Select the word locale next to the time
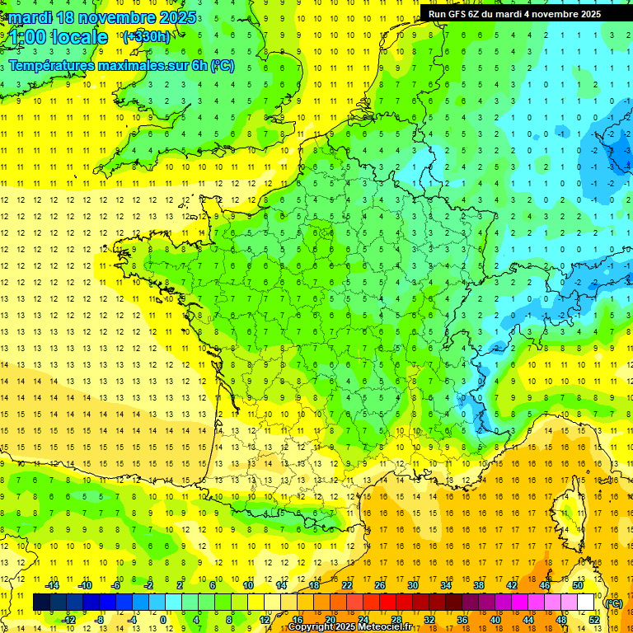pyautogui.click(x=79, y=37)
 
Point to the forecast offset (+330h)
pyautogui.click(x=147, y=36)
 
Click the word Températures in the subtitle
pyautogui.click(x=53, y=65)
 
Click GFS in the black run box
pyautogui.click(x=461, y=14)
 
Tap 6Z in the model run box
pyautogui.click(x=479, y=14)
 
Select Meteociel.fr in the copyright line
pyautogui.click(x=386, y=627)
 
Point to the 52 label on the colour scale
pyautogui.click(x=593, y=620)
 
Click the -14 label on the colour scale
pyautogui.click(x=53, y=585)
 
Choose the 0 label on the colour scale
pyautogui.click(x=164, y=620)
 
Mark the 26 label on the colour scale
pyautogui.click(x=380, y=585)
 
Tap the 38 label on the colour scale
pyautogui.click(x=478, y=585)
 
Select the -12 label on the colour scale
pyautogui.click(x=69, y=620)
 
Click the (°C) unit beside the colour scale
pyautogui.click(x=614, y=603)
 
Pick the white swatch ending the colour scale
pyautogui.click(x=585, y=603)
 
